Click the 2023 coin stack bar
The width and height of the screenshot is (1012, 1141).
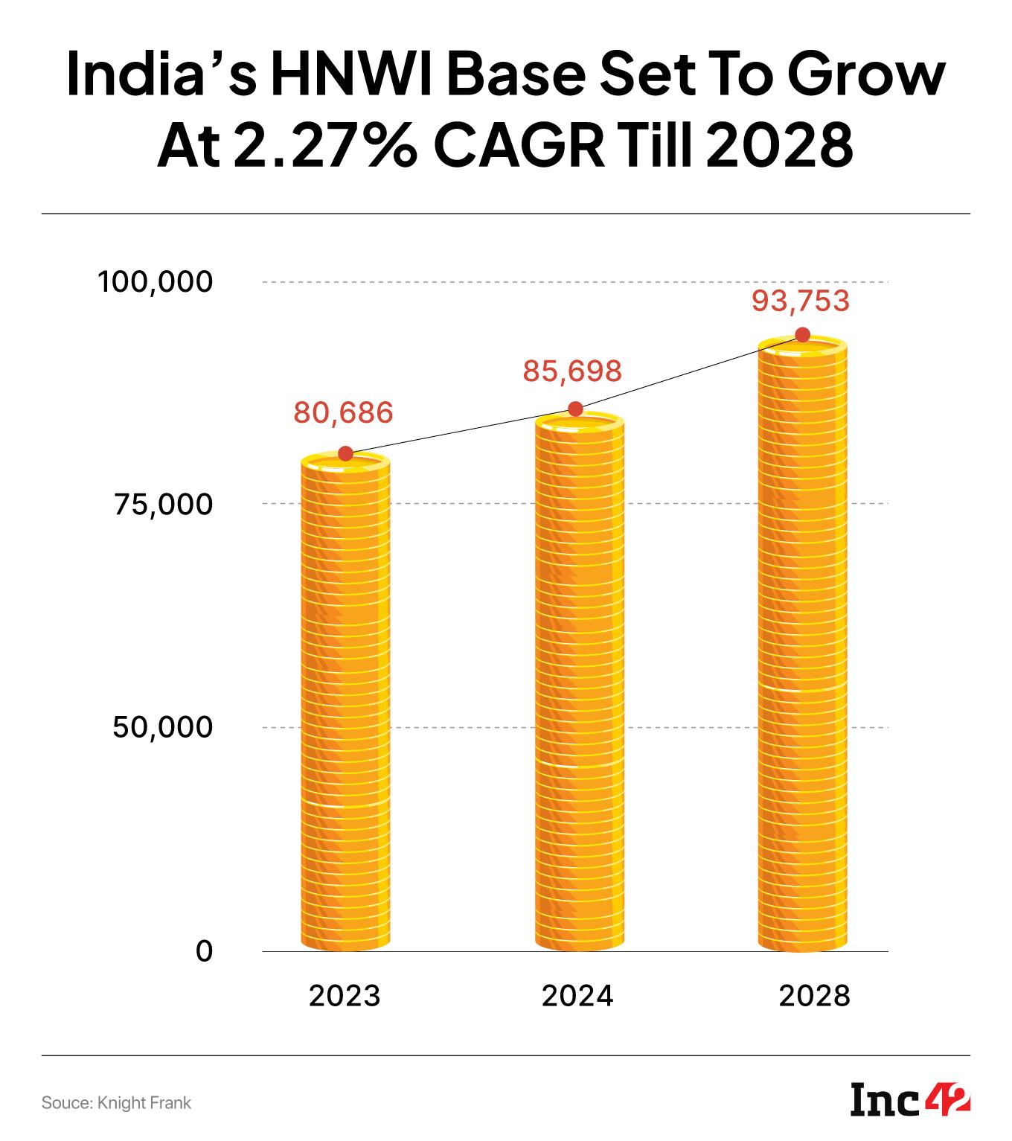345,703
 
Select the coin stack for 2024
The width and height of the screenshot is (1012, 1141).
578,681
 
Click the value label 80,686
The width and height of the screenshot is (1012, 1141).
343,412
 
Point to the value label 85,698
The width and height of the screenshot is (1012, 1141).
571,370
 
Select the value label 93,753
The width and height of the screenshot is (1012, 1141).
800,301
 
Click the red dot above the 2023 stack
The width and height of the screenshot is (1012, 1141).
345,454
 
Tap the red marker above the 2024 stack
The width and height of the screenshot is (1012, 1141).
575,409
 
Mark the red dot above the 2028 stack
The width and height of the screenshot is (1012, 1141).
802,335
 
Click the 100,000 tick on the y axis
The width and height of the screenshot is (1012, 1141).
156,282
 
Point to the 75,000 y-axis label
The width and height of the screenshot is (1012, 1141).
163,505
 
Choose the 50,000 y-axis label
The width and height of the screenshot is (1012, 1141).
163,727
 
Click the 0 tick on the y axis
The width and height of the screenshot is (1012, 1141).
203,951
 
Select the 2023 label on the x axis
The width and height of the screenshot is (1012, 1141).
345,995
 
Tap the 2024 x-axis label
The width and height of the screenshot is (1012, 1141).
577,995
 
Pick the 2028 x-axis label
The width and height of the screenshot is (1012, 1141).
814,995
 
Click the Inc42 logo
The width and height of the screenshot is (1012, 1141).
910,1100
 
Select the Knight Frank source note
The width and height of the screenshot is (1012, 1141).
116,1102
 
